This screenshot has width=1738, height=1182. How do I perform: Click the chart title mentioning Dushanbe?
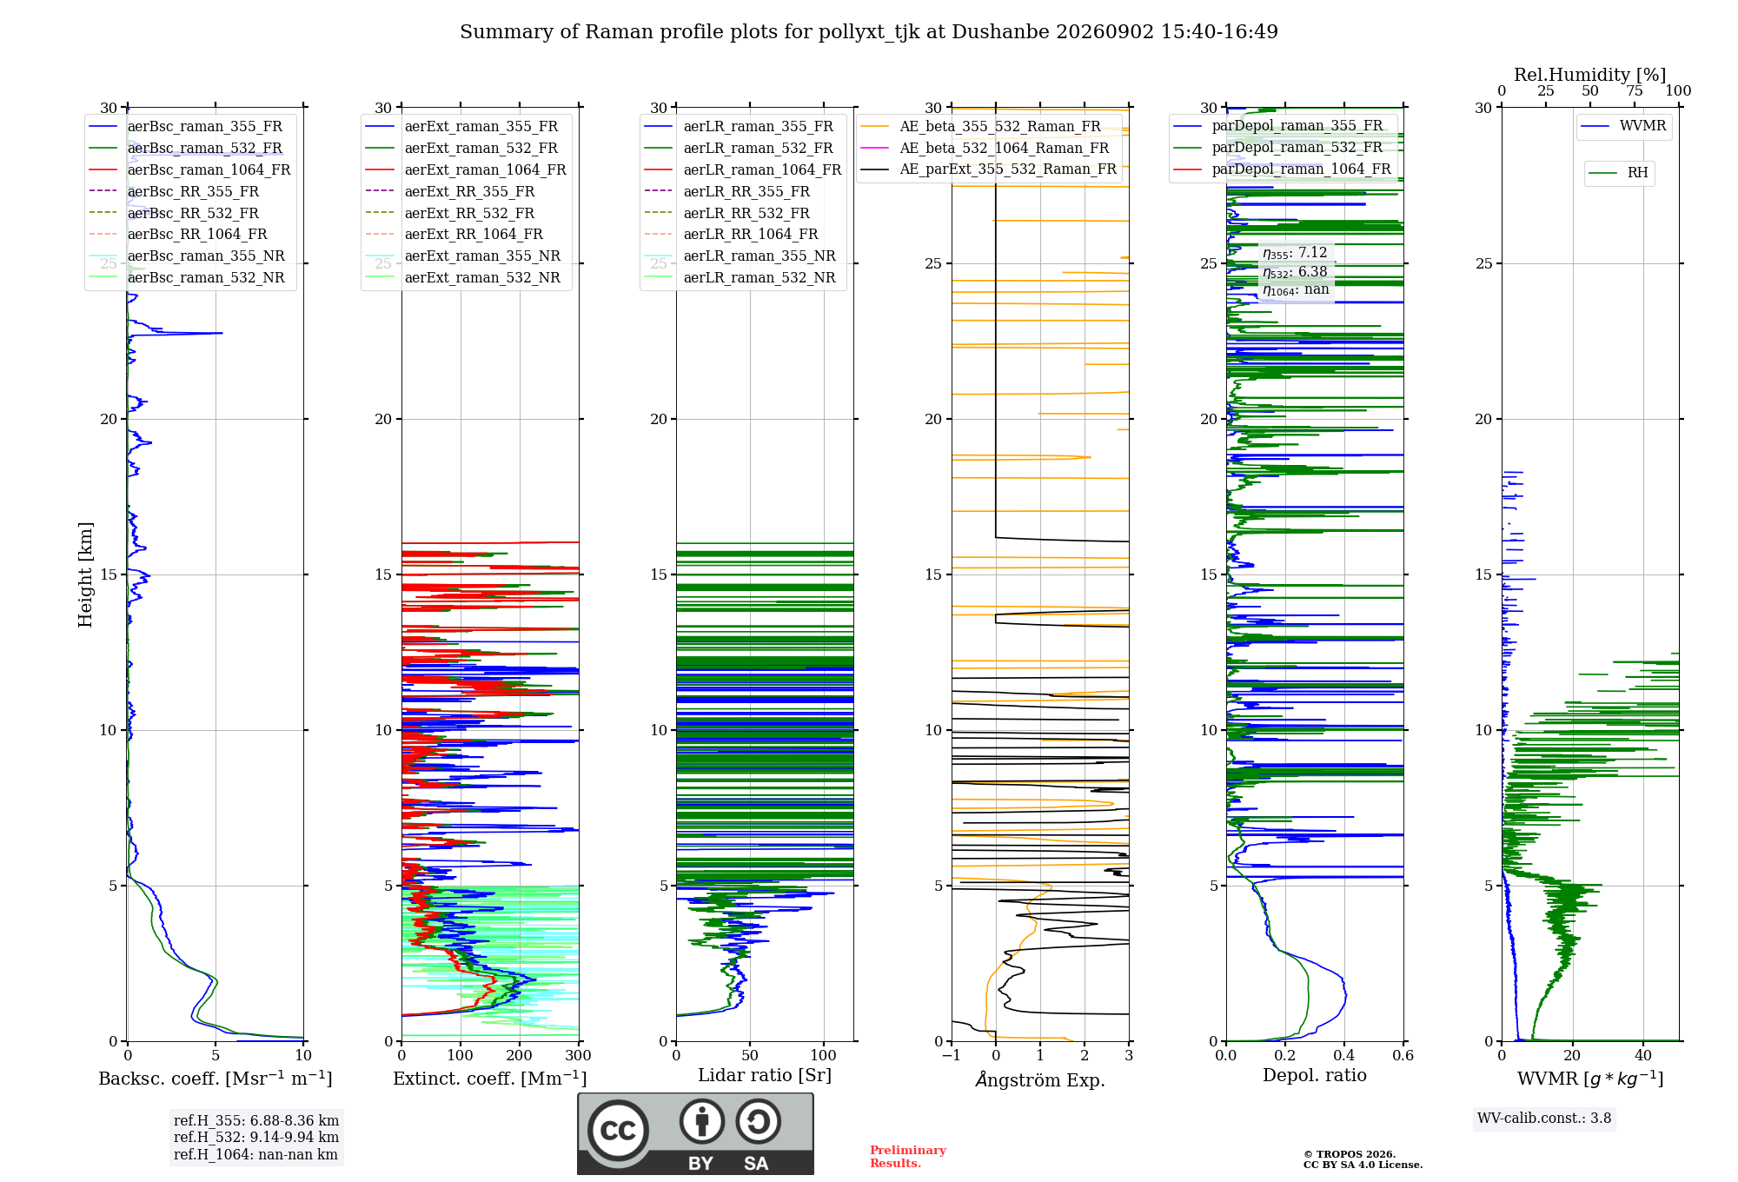click(x=869, y=32)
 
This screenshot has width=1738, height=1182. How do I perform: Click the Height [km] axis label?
click(x=85, y=574)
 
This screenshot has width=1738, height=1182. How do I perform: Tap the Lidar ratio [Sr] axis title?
click(x=765, y=1075)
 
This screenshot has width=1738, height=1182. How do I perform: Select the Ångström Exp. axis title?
click(x=1040, y=1079)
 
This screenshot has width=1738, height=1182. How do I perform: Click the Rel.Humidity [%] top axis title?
click(x=1590, y=75)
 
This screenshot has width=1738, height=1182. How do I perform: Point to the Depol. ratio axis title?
click(x=1315, y=1075)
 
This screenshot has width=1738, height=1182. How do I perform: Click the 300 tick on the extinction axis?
click(x=578, y=1055)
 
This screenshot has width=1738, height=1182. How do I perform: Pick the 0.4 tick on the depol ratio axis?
click(x=1344, y=1055)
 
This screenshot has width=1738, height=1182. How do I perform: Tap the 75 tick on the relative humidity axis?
click(x=1635, y=90)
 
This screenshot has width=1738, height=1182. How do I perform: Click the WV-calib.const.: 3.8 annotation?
click(x=1544, y=1119)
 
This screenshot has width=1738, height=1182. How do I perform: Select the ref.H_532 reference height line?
click(x=256, y=1137)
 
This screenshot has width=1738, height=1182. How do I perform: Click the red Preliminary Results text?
click(x=908, y=1157)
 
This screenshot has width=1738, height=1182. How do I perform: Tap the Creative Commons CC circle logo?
click(x=618, y=1130)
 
